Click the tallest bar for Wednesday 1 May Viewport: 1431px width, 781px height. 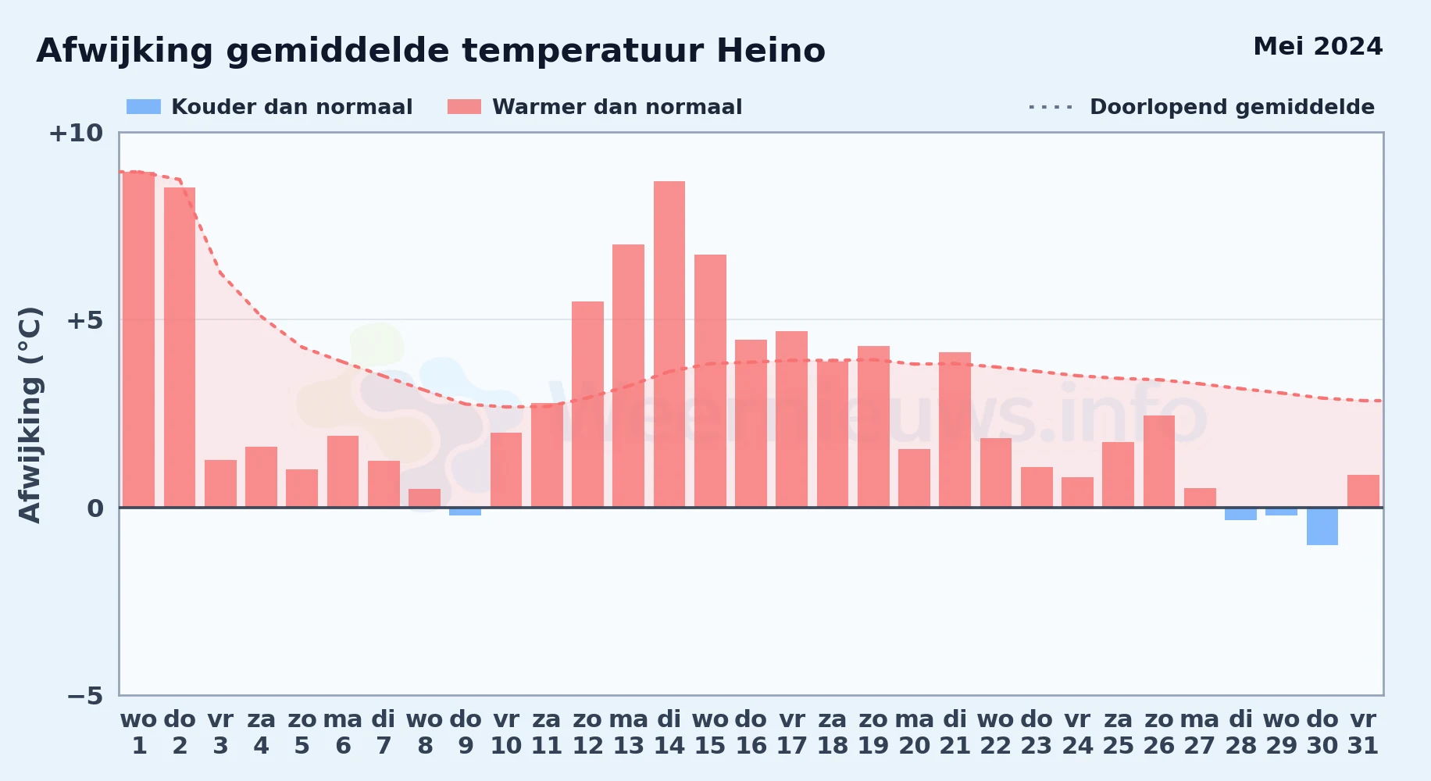click(139, 340)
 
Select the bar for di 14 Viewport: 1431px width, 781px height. click(669, 344)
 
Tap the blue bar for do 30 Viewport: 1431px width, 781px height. click(1322, 526)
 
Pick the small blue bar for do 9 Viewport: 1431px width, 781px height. click(466, 512)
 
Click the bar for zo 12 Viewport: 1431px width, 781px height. click(587, 405)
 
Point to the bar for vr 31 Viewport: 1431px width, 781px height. click(1363, 491)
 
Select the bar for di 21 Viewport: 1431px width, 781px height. click(955, 430)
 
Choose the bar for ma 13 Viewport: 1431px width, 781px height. click(629, 376)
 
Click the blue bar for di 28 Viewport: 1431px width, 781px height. click(1240, 514)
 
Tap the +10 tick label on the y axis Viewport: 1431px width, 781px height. click(76, 133)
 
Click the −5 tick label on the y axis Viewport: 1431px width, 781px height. click(85, 695)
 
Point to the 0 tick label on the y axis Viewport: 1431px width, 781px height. click(95, 508)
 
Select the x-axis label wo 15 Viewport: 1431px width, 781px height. click(710, 732)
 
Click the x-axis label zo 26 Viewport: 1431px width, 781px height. click(1159, 732)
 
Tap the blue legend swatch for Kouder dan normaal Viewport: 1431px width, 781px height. click(144, 107)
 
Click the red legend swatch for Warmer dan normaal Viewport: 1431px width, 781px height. click(465, 107)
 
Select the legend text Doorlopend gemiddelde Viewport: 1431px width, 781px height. click(1232, 107)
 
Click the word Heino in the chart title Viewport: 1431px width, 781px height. click(771, 51)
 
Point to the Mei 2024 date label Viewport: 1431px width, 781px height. click(1318, 46)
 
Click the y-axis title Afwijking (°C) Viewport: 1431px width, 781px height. click(30, 415)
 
